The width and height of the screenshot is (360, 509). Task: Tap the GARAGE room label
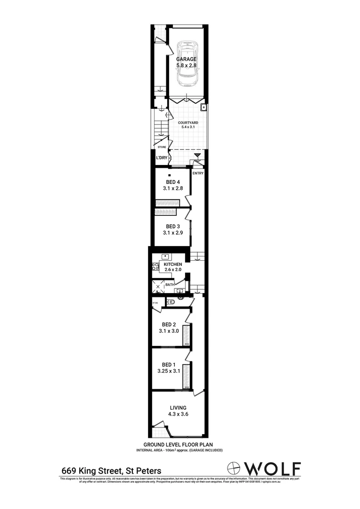(x=187, y=59)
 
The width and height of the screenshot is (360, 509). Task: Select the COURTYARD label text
(x=188, y=123)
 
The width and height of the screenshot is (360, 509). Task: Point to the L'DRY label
(x=162, y=158)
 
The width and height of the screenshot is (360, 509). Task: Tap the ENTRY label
(x=198, y=173)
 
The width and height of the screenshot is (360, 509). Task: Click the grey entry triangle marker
(x=197, y=156)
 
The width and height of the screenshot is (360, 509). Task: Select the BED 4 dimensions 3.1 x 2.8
(x=173, y=189)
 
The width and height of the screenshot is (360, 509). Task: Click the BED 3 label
(x=173, y=226)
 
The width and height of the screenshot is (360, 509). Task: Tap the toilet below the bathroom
(x=173, y=302)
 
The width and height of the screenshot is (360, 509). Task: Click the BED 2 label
(x=169, y=324)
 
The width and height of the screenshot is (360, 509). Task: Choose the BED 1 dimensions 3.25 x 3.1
(x=169, y=370)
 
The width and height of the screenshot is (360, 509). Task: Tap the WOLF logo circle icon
(x=234, y=468)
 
